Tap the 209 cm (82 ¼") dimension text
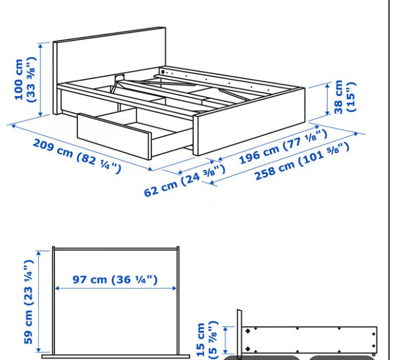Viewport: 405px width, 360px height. click(x=77, y=156)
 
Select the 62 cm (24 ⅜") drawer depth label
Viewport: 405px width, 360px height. click(x=185, y=180)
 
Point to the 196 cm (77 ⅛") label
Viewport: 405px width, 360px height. click(x=283, y=146)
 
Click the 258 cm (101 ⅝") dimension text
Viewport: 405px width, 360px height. click(x=302, y=161)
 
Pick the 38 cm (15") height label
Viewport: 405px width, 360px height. click(x=345, y=97)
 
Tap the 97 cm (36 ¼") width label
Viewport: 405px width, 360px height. click(x=115, y=279)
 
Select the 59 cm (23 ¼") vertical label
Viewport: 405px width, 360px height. click(x=29, y=302)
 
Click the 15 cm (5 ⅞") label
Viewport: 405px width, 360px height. click(x=207, y=340)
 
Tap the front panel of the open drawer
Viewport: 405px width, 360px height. click(x=114, y=136)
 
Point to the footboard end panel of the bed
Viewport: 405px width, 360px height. click(x=249, y=122)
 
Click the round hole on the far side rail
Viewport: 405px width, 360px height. click(x=163, y=71)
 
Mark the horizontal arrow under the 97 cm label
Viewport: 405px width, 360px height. click(x=116, y=288)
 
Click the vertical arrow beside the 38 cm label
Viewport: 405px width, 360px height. click(x=327, y=99)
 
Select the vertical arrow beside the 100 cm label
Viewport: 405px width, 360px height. click(x=41, y=80)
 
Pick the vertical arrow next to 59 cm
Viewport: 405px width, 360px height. click(x=39, y=302)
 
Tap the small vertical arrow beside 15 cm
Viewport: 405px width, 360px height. click(x=226, y=340)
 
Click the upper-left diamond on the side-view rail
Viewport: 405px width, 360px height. click(x=248, y=331)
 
